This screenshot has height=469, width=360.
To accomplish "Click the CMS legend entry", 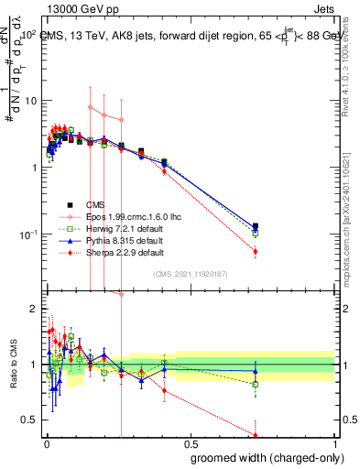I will (x=95, y=204).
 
